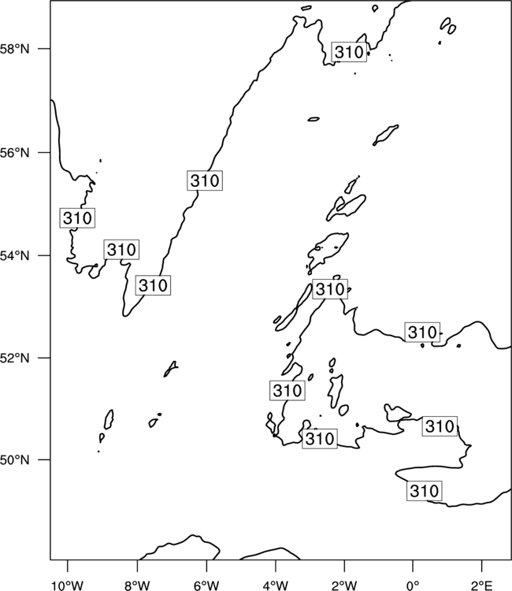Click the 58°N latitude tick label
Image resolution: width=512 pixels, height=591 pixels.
pos(14,49)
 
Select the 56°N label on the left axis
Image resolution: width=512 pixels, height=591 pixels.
pos(14,153)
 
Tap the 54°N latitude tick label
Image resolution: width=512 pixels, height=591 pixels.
pos(14,255)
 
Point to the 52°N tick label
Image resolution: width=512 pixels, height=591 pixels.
pos(14,358)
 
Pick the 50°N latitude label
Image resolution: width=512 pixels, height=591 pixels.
pos(14,460)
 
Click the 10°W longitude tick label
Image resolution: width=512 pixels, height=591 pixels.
pos(68,585)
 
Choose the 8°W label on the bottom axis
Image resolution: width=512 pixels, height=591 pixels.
pos(137,585)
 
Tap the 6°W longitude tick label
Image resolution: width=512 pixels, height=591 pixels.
pos(206,585)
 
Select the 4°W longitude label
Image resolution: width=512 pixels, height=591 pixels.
pos(276,585)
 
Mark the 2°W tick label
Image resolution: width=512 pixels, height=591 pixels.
pos(344,585)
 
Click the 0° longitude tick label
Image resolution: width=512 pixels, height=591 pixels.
pos(413,585)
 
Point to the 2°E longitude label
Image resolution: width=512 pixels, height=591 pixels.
pos(482,585)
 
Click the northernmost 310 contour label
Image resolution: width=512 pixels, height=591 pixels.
pos(349,52)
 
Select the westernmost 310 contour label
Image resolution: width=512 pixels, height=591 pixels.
pos(77,217)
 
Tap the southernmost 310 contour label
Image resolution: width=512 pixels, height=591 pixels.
pos(425,491)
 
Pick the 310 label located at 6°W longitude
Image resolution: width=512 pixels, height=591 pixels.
pos(205,180)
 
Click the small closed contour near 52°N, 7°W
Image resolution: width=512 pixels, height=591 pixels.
pos(171,369)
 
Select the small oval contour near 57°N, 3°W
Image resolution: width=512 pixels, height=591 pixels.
pos(314,119)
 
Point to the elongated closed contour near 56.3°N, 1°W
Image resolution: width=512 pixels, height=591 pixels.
pos(385,135)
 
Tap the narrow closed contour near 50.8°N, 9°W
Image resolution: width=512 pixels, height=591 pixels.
pos(109,419)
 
